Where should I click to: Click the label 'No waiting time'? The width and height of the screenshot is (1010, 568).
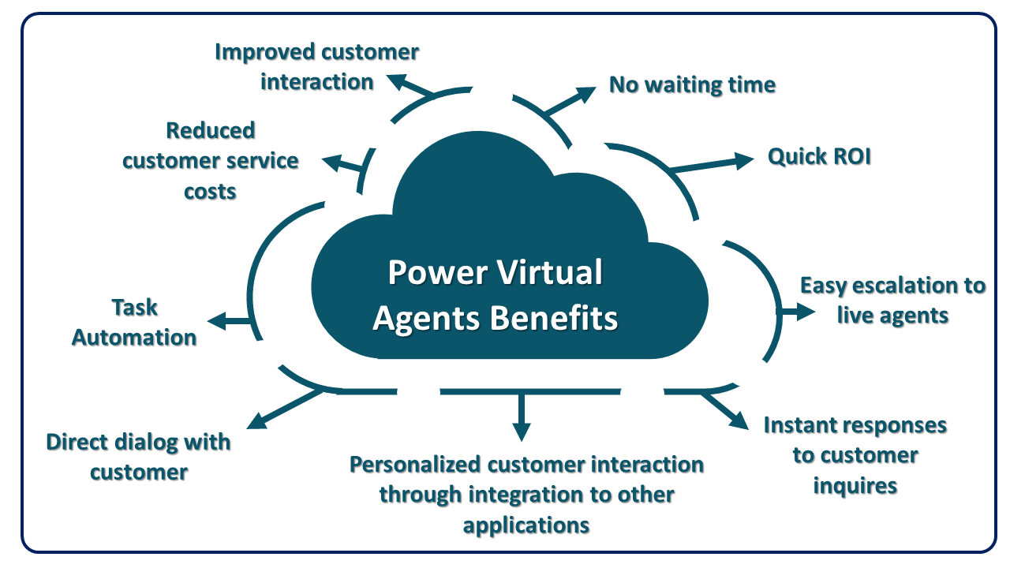tap(692, 84)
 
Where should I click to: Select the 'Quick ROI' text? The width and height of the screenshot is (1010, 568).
tap(819, 156)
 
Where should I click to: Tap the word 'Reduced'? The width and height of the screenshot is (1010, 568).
tap(211, 131)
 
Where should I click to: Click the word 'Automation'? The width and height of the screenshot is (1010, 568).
tap(134, 338)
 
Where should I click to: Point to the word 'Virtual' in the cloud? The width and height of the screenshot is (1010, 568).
tap(549, 272)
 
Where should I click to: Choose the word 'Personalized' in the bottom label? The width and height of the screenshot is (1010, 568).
tap(415, 465)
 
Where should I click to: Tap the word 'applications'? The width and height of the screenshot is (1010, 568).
tap(526, 525)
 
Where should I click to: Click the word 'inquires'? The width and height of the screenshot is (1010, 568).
tap(855, 486)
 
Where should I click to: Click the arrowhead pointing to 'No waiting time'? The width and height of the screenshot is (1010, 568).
tap(585, 94)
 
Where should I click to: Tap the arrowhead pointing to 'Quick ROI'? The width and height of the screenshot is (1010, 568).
tap(744, 161)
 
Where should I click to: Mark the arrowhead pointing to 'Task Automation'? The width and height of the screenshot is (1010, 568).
tap(217, 321)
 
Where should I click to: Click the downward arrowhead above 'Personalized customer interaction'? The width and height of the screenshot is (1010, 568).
tap(522, 432)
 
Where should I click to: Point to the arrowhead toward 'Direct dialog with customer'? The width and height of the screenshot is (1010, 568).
tap(257, 420)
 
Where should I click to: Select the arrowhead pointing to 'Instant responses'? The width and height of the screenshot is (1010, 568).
tap(739, 420)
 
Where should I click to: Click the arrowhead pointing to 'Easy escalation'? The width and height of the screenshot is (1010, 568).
tap(806, 312)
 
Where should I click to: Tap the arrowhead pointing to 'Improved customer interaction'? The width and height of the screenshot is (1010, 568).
tap(397, 81)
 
